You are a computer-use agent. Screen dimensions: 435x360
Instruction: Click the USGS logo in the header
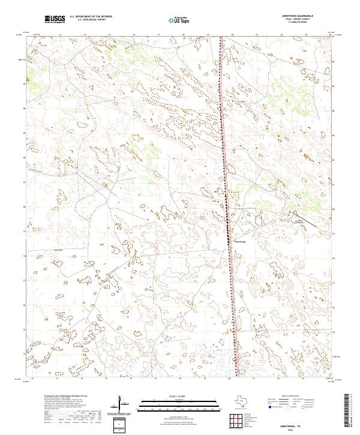[55, 19]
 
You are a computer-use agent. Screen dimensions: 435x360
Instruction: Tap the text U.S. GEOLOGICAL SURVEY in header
[89, 20]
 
